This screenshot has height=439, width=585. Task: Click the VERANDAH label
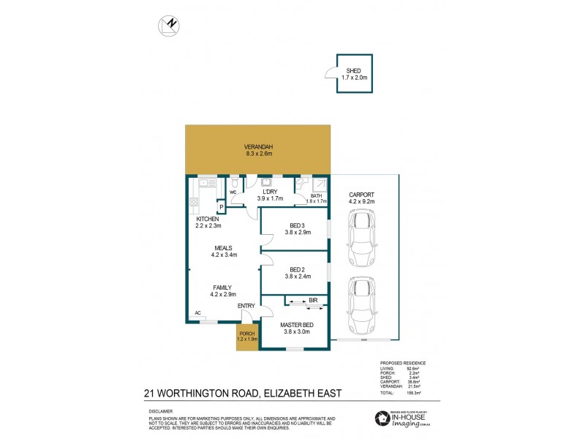258,147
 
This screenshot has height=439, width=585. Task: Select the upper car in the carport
361,239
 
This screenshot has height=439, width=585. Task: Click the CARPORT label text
362,195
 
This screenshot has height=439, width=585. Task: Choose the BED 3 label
298,226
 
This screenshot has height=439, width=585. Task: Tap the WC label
233,192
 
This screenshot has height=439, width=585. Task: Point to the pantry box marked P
220,208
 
